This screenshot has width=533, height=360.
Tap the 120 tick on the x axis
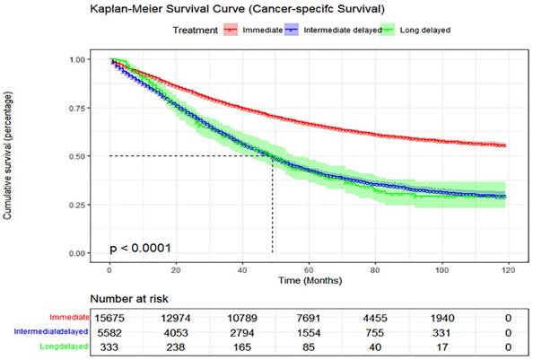509,268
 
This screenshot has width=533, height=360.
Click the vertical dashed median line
272,206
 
